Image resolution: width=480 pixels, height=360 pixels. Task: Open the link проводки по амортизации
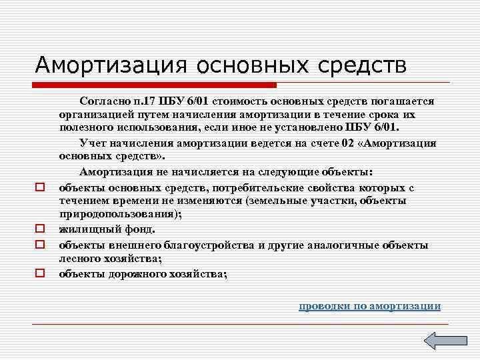tap(369, 306)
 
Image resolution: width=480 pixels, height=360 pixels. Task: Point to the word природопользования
tap(117, 215)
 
